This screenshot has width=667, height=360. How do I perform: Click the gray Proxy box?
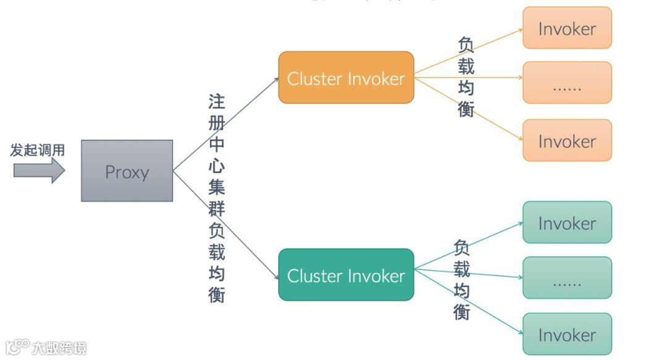point(127,171)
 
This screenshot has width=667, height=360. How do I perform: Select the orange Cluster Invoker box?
point(346,78)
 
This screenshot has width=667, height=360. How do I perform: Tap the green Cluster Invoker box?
point(346,275)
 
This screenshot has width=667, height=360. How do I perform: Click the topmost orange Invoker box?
point(567,28)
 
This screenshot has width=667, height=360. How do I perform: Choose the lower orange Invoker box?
point(567,141)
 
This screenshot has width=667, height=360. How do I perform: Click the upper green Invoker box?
point(567,222)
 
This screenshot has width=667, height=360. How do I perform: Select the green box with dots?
point(567,278)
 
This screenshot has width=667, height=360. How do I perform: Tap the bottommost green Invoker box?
point(567,334)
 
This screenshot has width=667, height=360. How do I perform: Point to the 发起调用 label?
point(38,150)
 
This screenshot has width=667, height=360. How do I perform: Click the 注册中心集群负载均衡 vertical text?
point(216,198)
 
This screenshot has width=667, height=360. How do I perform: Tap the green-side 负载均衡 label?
point(462,280)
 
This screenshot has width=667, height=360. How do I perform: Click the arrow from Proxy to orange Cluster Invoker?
point(225,123)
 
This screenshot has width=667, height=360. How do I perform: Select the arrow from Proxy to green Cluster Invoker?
point(225,225)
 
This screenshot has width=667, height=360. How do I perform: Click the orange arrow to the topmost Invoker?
point(469,52)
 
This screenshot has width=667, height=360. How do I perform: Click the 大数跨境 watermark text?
point(59,347)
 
